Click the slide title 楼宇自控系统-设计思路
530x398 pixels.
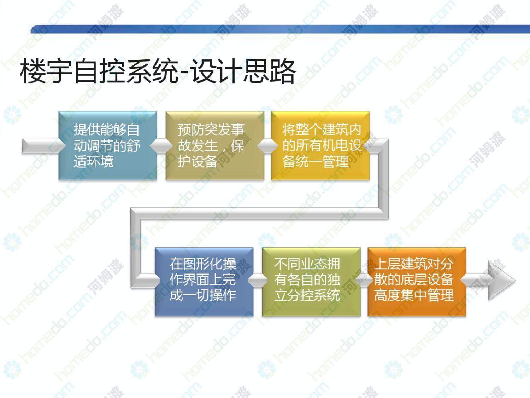[158, 71]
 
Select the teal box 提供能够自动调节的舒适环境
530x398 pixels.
[108, 146]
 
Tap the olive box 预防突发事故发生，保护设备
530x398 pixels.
[215, 146]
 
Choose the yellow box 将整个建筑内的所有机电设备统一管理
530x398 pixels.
[320, 146]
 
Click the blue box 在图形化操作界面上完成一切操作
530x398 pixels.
[204, 282]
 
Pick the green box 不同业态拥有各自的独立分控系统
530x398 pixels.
[311, 282]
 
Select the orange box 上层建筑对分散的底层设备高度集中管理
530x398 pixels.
[417, 282]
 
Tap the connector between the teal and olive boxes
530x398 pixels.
[161, 146]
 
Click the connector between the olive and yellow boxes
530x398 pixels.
[267, 146]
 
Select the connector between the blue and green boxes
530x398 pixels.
[258, 281]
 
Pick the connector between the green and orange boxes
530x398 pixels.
[364, 281]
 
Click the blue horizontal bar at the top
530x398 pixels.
[280, 29]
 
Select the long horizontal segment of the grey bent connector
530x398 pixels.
[259, 213]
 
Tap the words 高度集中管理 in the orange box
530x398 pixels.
[414, 295]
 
